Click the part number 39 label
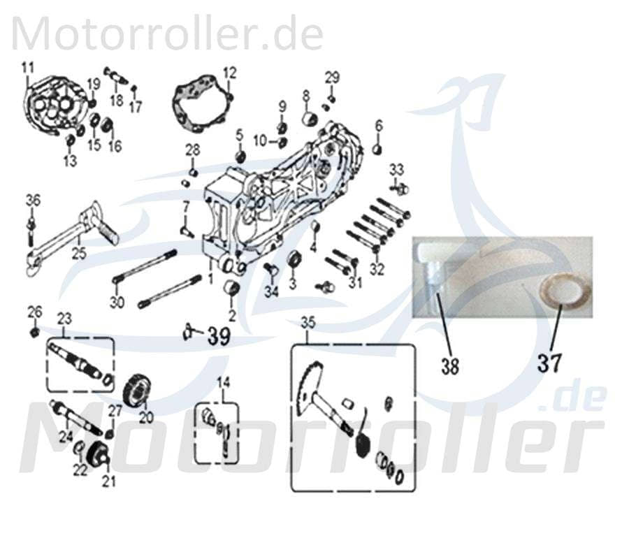pyautogui.click(x=218, y=337)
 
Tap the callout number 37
pyautogui.click(x=550, y=362)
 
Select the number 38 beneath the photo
pyautogui.click(x=450, y=365)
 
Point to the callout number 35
pyautogui.click(x=308, y=323)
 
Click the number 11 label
pyautogui.click(x=27, y=68)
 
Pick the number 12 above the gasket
pyautogui.click(x=230, y=72)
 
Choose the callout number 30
pyautogui.click(x=117, y=302)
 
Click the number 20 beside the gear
pyautogui.click(x=145, y=417)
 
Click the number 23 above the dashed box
pyautogui.click(x=64, y=319)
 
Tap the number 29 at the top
pyautogui.click(x=332, y=76)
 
